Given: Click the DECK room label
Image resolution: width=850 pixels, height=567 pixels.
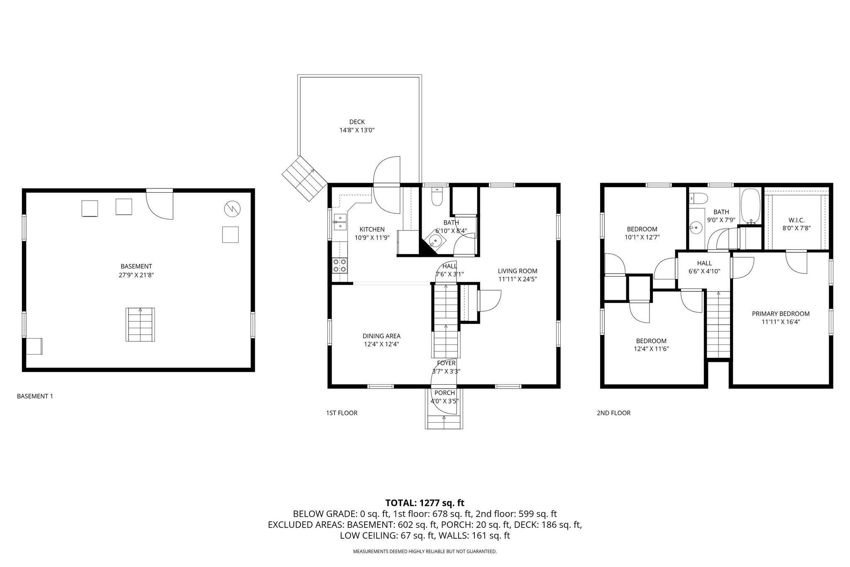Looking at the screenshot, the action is [357, 122].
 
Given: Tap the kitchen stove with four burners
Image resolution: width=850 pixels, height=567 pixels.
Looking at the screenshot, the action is [340, 266].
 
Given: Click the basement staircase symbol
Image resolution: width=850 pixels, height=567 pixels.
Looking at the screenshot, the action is [140, 325].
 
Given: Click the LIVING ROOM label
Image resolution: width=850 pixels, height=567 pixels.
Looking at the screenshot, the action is [518, 271].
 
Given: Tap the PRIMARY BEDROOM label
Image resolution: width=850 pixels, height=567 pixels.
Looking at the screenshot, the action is [781, 314].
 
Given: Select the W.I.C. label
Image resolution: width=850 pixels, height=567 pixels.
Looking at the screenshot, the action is [796, 220].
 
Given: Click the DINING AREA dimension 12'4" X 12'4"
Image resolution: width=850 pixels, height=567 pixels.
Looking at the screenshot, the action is [381, 344].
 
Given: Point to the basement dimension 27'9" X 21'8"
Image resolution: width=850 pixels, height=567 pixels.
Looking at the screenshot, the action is [136, 275].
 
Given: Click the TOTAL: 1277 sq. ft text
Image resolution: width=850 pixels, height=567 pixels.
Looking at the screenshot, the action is [425, 503].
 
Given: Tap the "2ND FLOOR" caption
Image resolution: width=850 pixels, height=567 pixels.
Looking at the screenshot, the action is [613, 413].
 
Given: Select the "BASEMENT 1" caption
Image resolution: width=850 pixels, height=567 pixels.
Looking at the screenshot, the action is [35, 396].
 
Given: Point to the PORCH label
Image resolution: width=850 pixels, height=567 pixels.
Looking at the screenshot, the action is [445, 393].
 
